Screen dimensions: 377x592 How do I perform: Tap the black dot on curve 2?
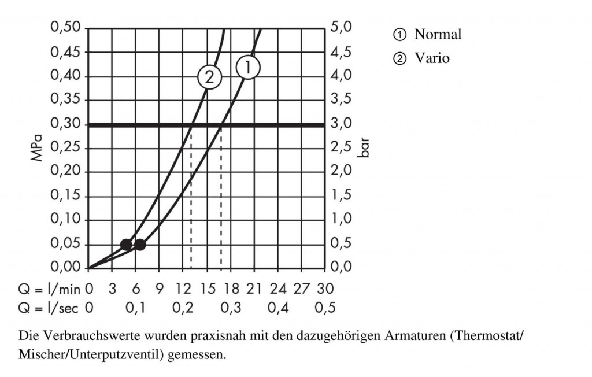126,245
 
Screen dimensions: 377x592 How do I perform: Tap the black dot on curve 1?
140,245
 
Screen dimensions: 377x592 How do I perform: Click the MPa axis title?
38,148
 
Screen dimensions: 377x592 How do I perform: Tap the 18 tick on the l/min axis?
231,288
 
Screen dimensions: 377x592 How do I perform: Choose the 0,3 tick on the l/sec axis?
231,308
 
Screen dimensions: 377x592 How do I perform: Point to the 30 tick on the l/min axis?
325,288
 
